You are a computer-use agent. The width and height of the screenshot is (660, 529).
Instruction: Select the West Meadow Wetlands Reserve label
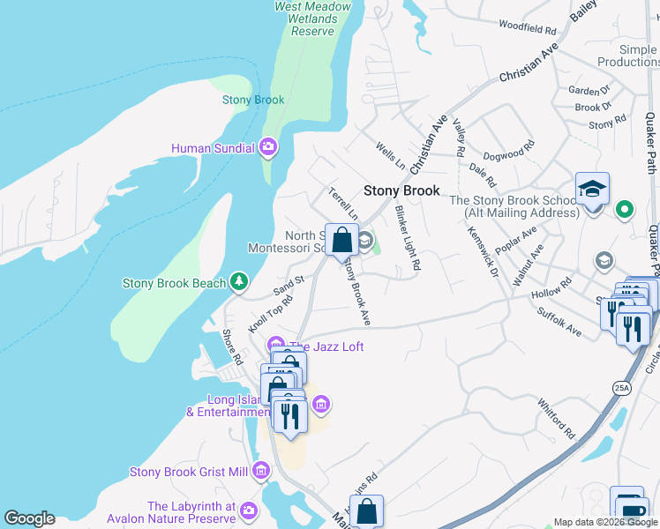[312, 18]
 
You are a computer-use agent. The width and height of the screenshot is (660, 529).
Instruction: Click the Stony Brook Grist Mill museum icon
[259, 472]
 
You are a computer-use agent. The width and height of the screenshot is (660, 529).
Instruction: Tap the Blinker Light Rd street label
[408, 238]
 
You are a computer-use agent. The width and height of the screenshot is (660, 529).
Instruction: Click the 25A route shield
[622, 387]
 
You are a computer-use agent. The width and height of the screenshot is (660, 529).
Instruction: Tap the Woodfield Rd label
[529, 25]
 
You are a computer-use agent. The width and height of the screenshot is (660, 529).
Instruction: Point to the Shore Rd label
[232, 347]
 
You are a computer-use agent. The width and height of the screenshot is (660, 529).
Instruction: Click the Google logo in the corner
[29, 518]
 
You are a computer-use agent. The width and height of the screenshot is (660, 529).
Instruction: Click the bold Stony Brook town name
[401, 190]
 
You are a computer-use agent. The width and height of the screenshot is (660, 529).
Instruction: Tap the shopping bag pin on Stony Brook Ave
[341, 240]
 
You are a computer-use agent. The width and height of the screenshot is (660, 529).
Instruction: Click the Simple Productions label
[627, 56]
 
